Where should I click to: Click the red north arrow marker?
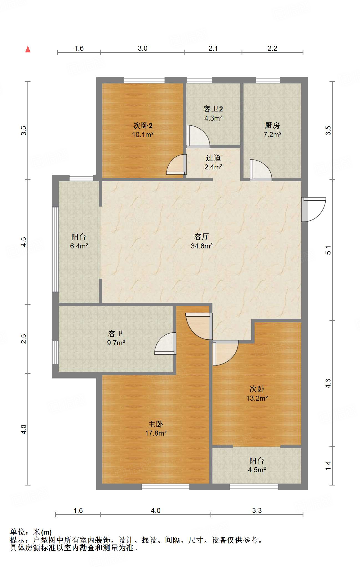[28, 49]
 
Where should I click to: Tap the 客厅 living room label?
[201, 237]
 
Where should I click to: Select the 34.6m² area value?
[202, 246]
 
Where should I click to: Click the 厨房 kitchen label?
[272, 126]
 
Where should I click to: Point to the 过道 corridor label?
[213, 158]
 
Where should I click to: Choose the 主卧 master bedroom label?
[156, 424]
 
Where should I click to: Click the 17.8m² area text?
[156, 433]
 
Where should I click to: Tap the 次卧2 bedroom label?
[143, 126]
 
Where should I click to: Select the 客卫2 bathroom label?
[213, 109]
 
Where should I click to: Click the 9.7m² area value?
[116, 343]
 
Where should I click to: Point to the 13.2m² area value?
[257, 398]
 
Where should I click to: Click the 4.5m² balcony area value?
[257, 470]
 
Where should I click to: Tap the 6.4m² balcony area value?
[79, 246]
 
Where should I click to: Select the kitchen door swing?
[261, 170]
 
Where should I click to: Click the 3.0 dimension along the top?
[143, 48]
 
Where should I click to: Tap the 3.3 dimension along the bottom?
[257, 510]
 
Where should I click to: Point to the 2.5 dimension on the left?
[24, 339]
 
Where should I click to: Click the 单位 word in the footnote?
[17, 532]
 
